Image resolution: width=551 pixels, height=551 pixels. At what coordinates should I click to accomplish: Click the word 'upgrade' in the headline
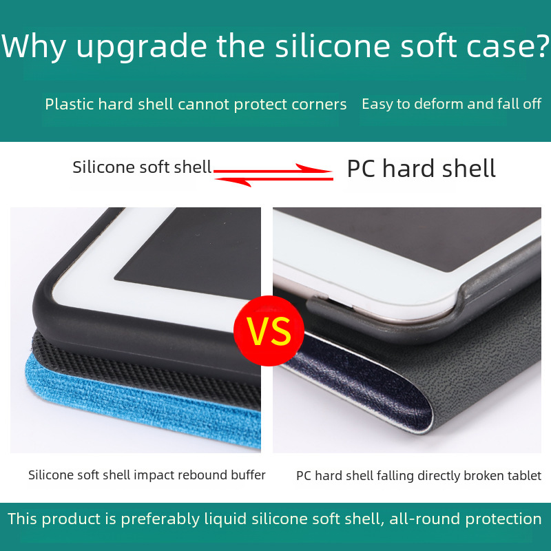[141, 48]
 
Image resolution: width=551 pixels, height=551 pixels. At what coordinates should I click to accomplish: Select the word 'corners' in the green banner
[319, 105]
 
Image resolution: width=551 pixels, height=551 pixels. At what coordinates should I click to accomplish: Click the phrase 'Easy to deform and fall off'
[452, 104]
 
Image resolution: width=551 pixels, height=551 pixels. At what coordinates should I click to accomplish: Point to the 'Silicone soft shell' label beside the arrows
[142, 167]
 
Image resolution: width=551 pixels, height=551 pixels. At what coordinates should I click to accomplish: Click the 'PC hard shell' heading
[421, 168]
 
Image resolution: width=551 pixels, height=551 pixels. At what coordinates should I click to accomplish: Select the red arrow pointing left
[273, 180]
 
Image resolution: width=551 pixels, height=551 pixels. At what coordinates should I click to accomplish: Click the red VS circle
[269, 331]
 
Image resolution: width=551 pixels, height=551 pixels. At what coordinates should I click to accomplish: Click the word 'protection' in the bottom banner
[503, 519]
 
